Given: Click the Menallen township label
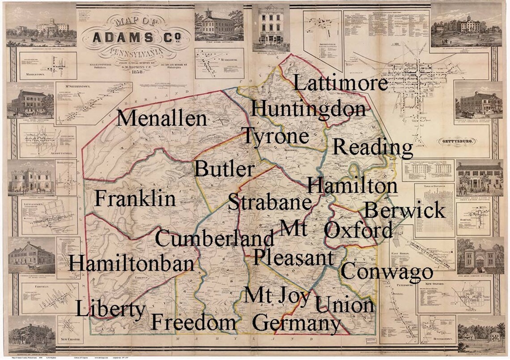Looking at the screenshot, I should click(162, 119).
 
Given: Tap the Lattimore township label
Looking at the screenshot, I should click(340, 83).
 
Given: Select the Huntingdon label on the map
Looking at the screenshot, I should click(308, 109).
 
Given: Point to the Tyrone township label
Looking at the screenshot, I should click(275, 136).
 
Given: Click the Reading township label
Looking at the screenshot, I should click(373, 148).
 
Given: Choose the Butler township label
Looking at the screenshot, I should click(224, 170).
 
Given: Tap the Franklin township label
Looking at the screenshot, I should click(135, 199).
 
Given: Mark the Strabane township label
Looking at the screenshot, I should click(269, 203).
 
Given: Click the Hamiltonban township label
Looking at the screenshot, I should click(131, 263).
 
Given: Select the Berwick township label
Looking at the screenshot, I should click(404, 210).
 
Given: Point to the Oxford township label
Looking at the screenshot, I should click(358, 231).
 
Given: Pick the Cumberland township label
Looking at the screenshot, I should click(215, 238).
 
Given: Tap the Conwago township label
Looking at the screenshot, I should click(387, 271).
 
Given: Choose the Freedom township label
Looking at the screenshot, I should click(193, 322).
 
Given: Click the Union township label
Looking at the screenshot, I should click(344, 305).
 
